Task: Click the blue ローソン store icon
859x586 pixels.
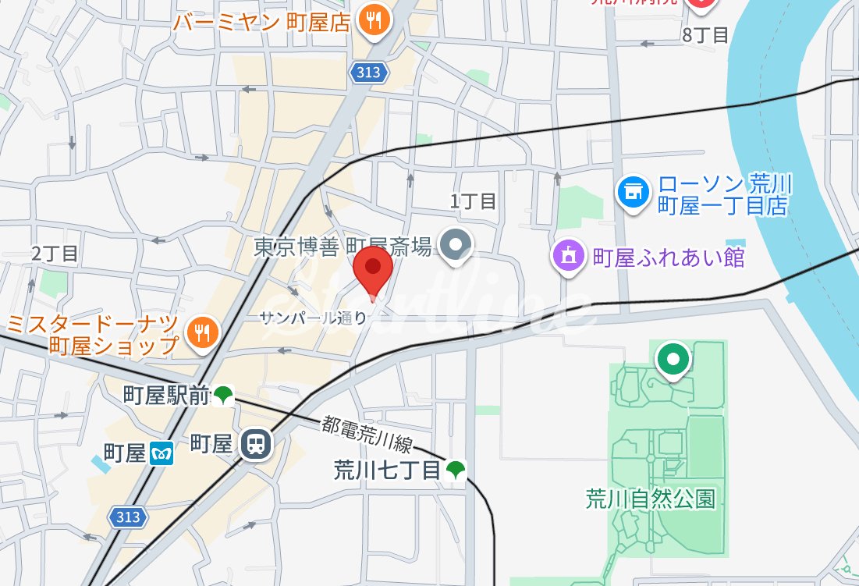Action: (x=634, y=190)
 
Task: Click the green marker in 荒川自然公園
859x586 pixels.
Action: (x=672, y=360)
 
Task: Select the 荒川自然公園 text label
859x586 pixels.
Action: (x=650, y=499)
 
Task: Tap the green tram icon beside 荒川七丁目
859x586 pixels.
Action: (x=456, y=470)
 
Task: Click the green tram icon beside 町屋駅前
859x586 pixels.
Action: (x=224, y=396)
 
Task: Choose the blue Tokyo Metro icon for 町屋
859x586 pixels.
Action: (x=161, y=452)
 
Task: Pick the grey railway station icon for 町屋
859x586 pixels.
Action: (x=255, y=445)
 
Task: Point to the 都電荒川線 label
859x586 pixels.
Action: (x=367, y=435)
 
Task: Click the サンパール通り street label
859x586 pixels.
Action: (x=312, y=317)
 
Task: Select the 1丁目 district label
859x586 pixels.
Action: (x=473, y=201)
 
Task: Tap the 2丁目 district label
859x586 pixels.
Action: (x=55, y=253)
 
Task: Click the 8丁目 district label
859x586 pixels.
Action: (x=705, y=34)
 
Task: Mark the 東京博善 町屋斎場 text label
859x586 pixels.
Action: (x=343, y=247)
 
